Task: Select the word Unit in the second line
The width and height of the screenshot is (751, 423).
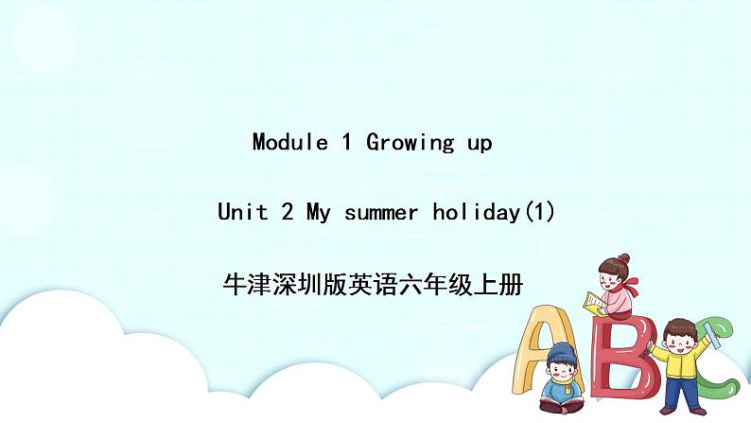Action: pos(242,212)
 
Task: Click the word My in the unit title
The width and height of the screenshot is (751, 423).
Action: pos(316,213)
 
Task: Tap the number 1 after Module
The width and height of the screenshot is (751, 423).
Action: pos(346,143)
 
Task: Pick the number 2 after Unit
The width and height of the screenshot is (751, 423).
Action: pos(286,212)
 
